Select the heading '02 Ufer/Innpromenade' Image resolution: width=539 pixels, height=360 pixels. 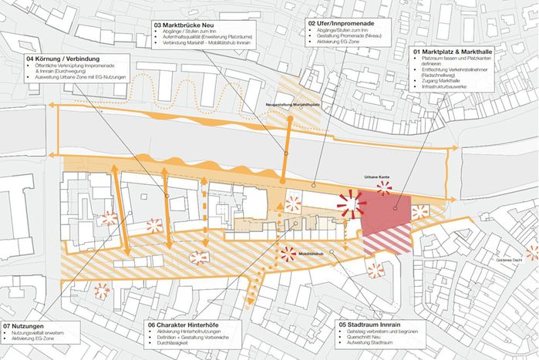(342, 23)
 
